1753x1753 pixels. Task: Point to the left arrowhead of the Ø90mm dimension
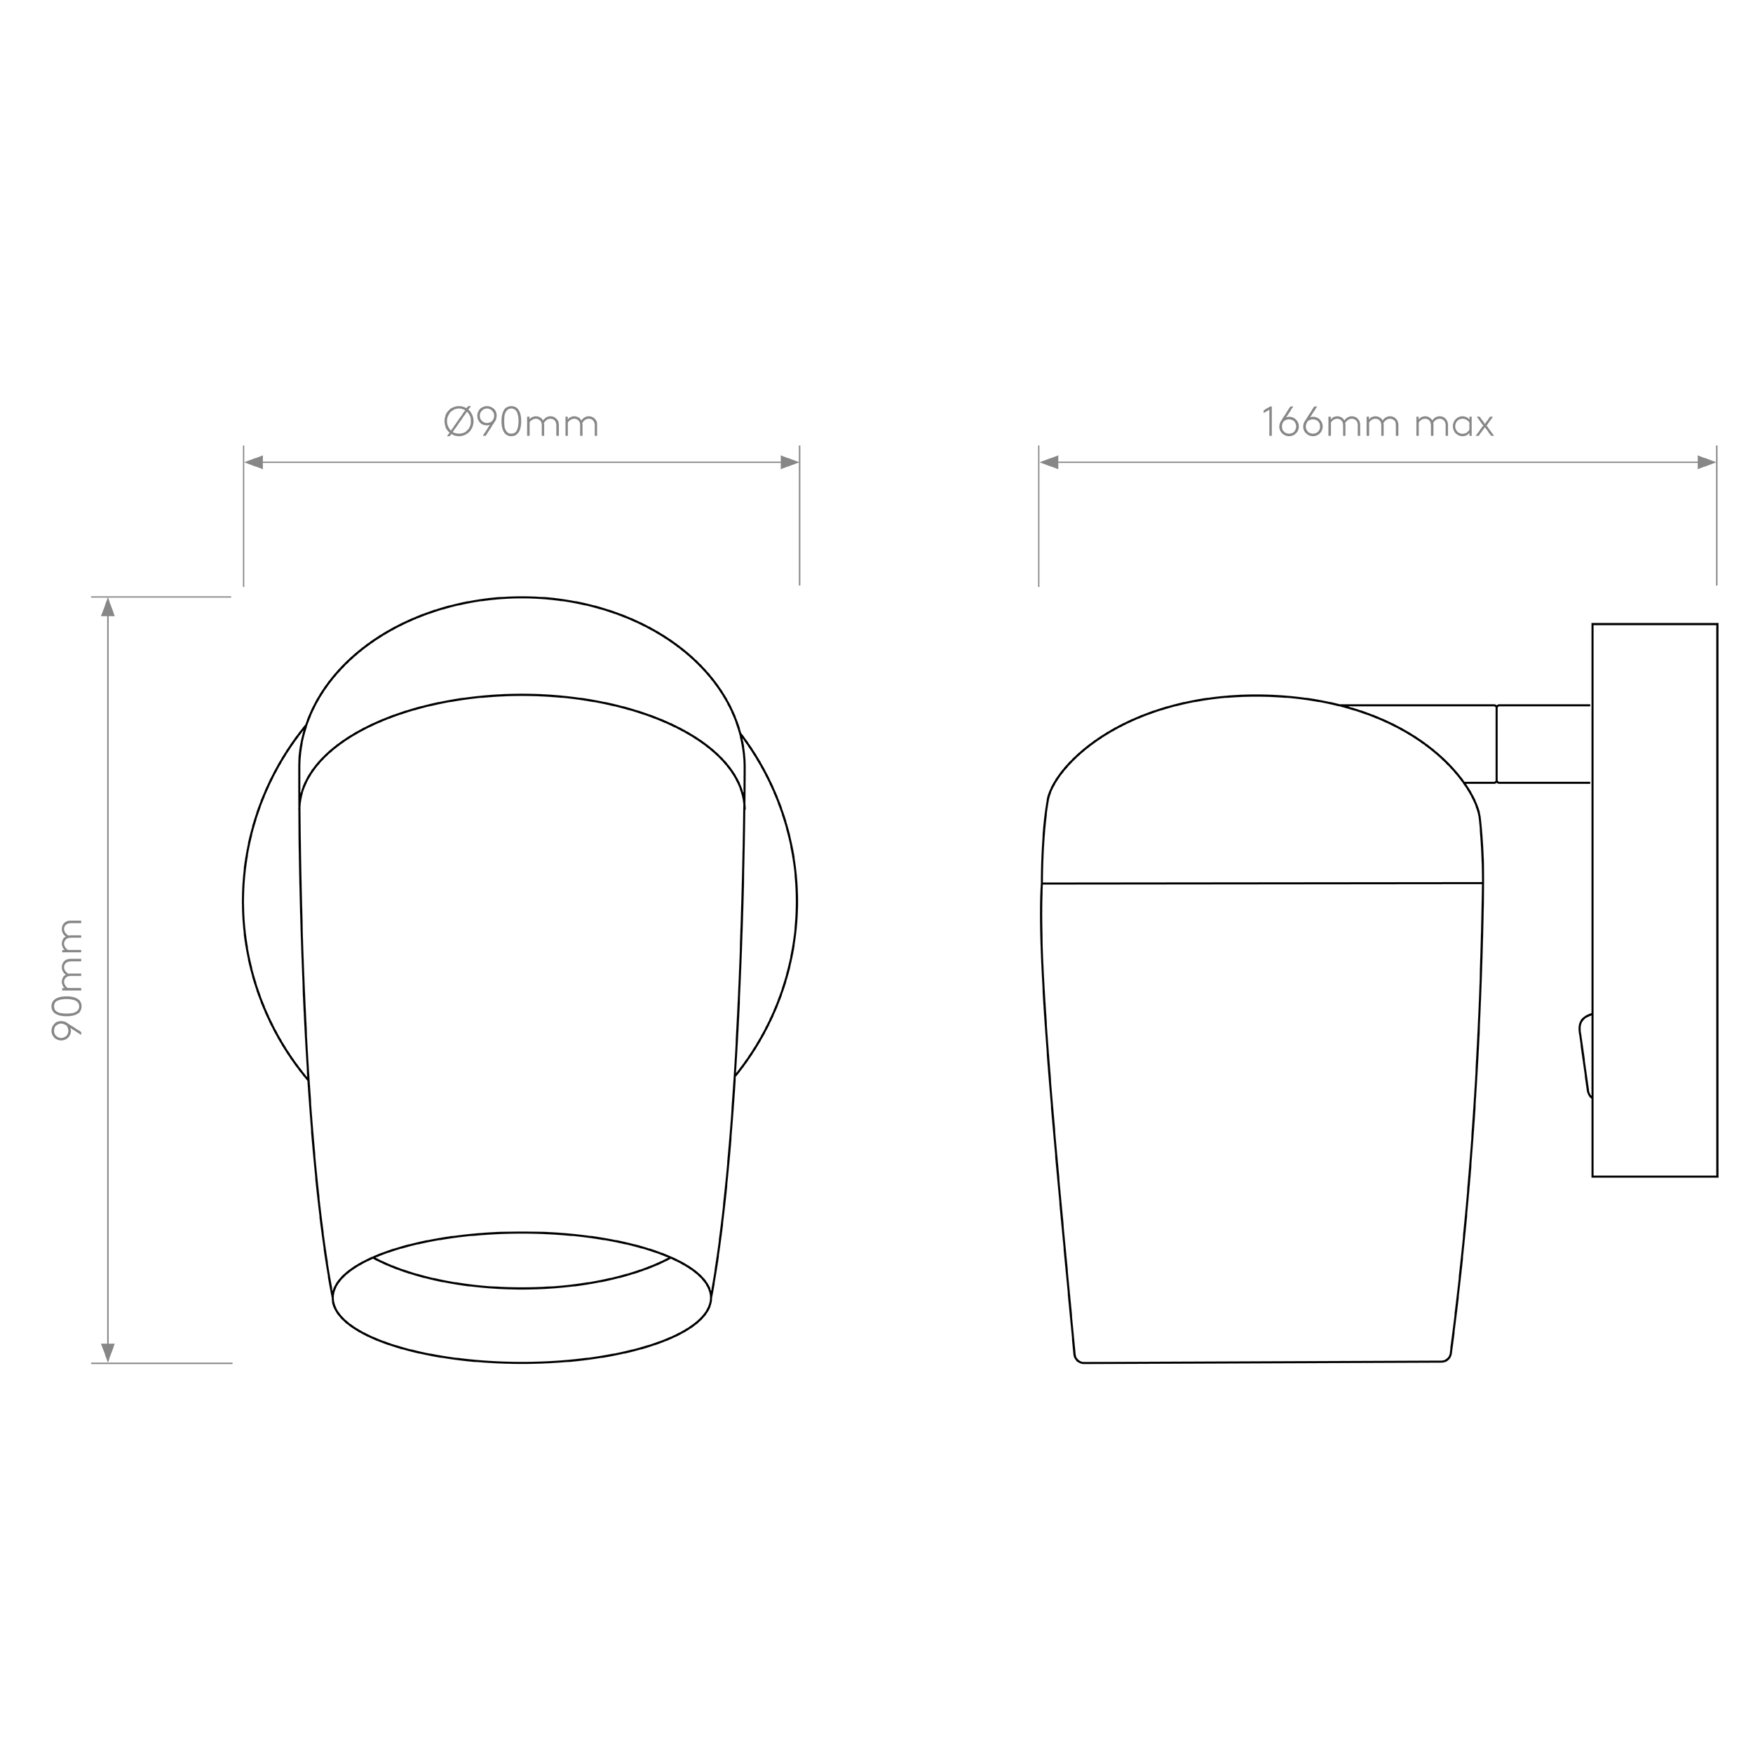click(254, 463)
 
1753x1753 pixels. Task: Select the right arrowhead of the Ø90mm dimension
click(790, 463)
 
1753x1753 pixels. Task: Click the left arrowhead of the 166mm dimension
click(1050, 463)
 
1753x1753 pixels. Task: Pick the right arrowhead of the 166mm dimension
click(1706, 463)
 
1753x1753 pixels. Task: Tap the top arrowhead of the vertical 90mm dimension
click(108, 607)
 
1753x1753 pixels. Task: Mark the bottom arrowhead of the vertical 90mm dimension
click(108, 1352)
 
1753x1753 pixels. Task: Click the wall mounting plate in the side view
click(1654, 900)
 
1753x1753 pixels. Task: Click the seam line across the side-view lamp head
click(1262, 883)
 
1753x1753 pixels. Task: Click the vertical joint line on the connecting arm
click(1496, 743)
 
